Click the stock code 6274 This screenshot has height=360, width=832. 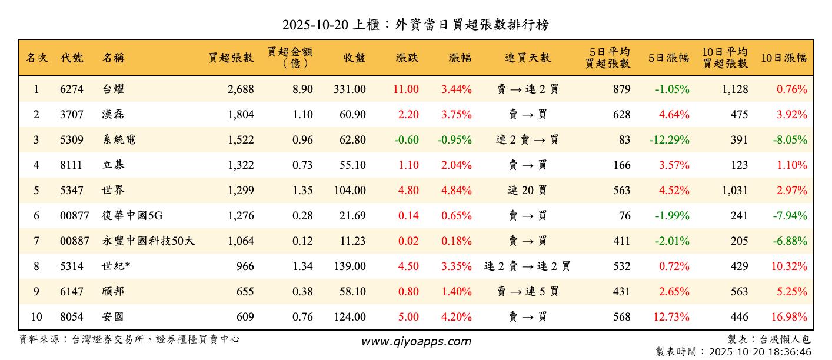click(x=72, y=89)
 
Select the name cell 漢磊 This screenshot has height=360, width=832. click(x=113, y=115)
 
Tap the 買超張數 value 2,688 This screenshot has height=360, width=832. click(x=240, y=89)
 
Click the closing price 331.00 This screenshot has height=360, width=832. click(x=350, y=89)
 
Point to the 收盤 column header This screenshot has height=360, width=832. click(x=354, y=58)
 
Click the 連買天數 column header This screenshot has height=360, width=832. click(x=527, y=58)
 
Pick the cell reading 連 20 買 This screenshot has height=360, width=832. click(x=527, y=191)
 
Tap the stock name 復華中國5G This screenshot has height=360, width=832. click(x=132, y=216)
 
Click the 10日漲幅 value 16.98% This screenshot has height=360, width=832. click(x=789, y=317)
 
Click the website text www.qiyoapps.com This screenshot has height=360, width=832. click(x=416, y=342)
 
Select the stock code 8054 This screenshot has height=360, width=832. click(x=72, y=317)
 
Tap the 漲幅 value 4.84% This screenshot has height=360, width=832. click(x=457, y=191)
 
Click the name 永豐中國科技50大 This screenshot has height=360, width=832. click(x=148, y=241)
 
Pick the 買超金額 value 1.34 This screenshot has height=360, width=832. click(x=302, y=266)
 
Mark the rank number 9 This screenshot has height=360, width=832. click(x=36, y=292)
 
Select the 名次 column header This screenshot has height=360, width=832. click(x=36, y=58)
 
